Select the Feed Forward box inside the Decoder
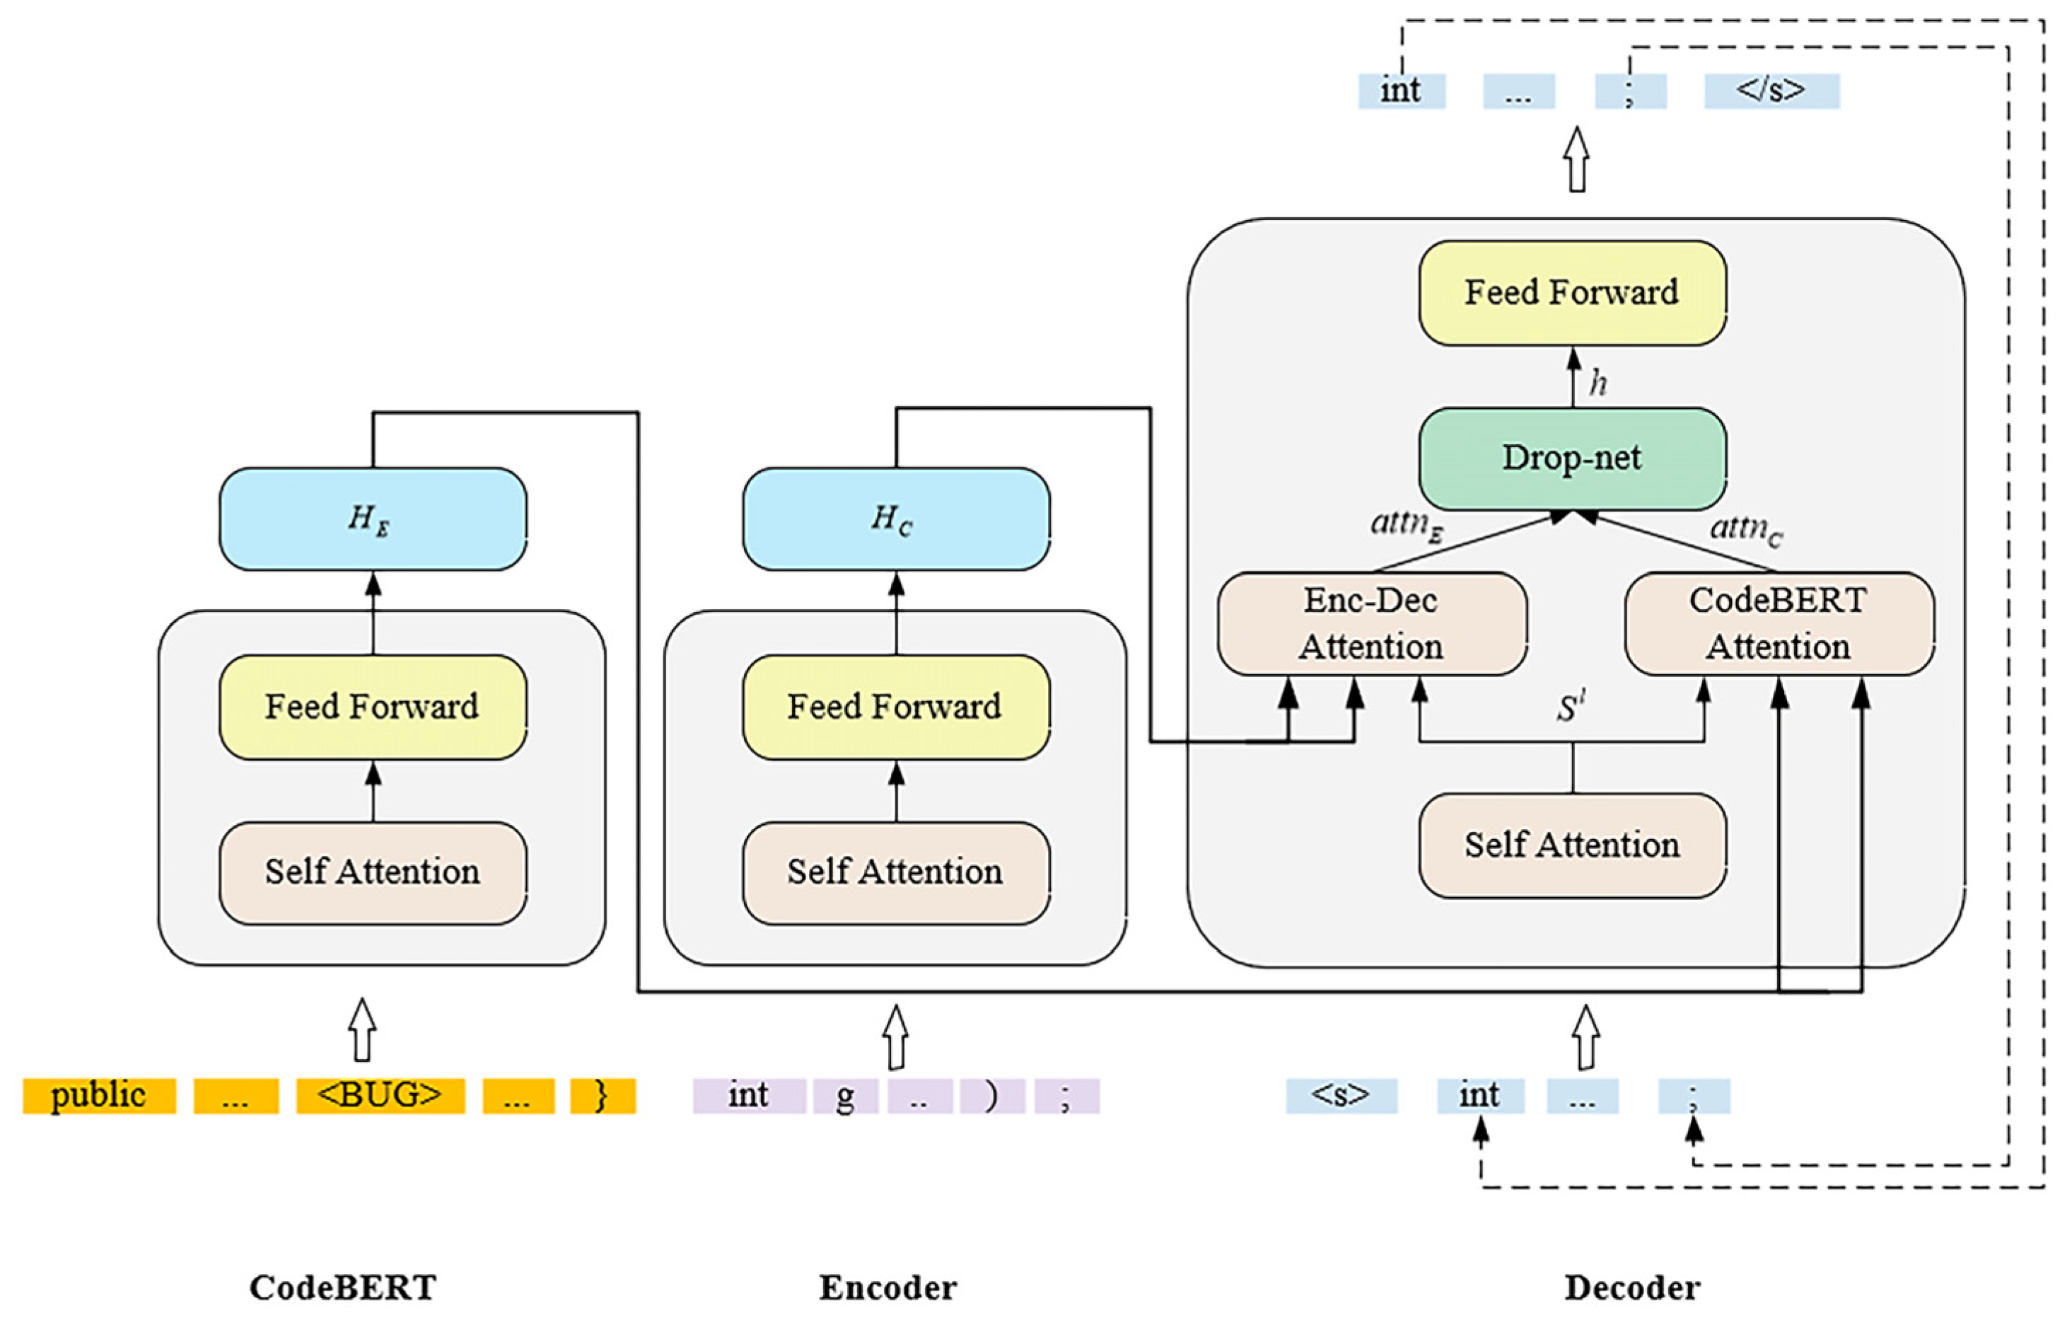[1571, 293]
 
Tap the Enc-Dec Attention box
[1372, 623]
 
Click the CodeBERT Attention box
[1779, 623]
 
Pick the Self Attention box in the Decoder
[1571, 845]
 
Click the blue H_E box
[373, 519]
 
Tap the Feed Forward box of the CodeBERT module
[373, 707]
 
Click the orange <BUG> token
[380, 1095]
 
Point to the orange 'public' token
[99, 1095]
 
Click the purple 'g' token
[845, 1095]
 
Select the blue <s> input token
[1341, 1095]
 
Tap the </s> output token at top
[1771, 91]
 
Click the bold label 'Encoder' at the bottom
[887, 1288]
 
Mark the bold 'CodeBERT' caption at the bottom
[343, 1288]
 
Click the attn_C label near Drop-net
[1746, 528]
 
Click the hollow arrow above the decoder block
[1576, 159]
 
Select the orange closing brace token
[603, 1095]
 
